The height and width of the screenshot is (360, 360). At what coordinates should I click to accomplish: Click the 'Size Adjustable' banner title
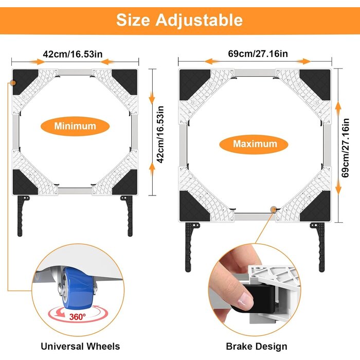[179, 20]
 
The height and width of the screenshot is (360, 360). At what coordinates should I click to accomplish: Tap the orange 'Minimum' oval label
[75, 126]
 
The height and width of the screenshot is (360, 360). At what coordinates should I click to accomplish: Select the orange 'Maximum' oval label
[254, 144]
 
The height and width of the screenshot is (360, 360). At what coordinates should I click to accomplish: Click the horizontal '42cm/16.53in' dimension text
[73, 54]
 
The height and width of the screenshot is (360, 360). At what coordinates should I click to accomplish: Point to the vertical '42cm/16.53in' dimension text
[160, 135]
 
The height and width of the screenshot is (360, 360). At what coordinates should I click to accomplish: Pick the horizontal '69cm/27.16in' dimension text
[258, 53]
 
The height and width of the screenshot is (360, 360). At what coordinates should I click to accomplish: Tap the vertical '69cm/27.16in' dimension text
[345, 148]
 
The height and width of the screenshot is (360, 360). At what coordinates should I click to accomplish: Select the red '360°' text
[77, 317]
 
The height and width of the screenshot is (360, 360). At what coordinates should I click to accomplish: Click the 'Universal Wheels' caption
[80, 346]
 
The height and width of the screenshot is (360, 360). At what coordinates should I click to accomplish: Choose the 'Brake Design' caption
[257, 346]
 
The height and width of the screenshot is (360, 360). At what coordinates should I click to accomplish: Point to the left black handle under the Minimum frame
[21, 216]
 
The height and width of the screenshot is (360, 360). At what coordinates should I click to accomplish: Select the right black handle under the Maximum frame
[319, 247]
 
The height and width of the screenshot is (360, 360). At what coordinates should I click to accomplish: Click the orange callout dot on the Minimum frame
[13, 83]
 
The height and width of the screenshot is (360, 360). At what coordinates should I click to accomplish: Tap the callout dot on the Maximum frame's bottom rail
[273, 209]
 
